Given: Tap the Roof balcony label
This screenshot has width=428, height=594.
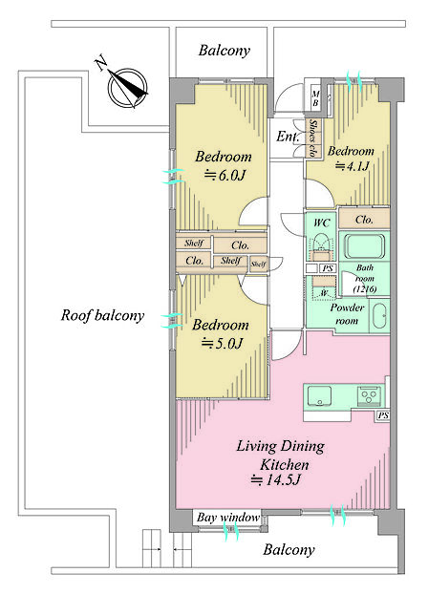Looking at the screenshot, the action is coord(103,315).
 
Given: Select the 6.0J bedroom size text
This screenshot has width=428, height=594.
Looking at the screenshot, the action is coord(225,175).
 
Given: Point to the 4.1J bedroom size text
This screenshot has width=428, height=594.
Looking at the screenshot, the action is coord(353,166).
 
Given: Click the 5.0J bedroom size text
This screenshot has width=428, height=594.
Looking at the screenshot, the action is coord(222,343).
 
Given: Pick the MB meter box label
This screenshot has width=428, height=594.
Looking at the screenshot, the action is coord(315,98).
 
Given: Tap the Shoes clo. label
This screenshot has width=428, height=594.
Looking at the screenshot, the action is coord(313,138).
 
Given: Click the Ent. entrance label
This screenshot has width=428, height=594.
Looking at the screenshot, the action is coord(288,137).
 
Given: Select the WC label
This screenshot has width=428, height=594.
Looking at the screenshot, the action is coord(321,223).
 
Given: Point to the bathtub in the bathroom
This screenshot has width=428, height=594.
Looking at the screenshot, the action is coord(364,246).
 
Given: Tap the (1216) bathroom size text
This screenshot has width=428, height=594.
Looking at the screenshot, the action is coord(365,289).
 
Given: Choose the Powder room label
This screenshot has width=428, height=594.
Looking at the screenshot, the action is coord(347,313).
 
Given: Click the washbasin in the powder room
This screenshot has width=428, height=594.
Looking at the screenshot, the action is coord(379,315).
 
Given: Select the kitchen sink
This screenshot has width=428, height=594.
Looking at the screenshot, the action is coord(319,396).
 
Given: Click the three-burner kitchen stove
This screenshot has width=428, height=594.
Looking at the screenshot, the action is coord(369,396).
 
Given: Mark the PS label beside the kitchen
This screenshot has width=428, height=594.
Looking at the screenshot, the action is coord(383,415).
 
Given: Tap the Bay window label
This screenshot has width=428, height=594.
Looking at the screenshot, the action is coord(228,517).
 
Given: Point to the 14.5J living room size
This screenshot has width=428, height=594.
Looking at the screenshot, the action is coord(275,480).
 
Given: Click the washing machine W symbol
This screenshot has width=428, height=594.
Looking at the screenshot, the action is coord(324,293).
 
